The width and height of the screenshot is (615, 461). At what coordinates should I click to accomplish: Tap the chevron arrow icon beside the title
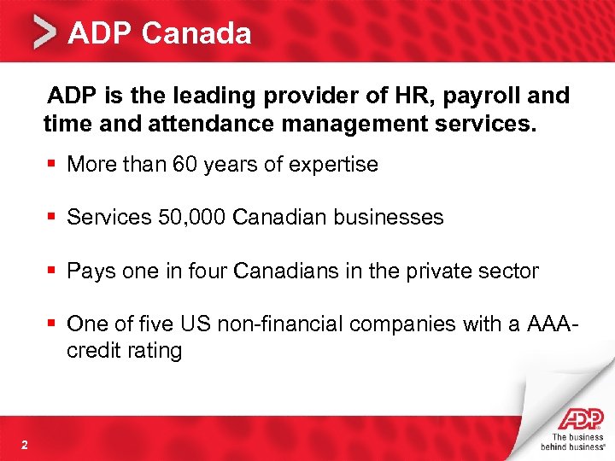44,34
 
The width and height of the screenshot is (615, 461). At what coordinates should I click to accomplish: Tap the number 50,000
191,218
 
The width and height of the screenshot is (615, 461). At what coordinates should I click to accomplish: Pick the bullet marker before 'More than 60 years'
53,165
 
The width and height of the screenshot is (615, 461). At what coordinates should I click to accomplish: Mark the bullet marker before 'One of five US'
53,324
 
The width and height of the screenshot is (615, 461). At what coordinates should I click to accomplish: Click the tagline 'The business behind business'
574,441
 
